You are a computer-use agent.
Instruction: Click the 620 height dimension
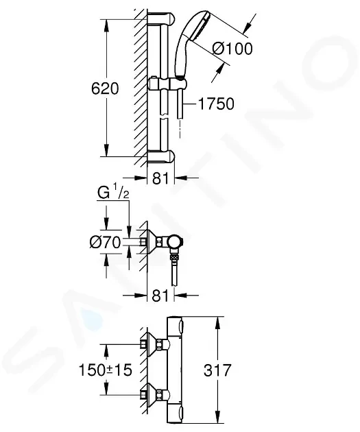tap(105, 88)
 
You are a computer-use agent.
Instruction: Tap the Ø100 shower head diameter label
tap(232, 49)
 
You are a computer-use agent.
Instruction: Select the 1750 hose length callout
tap(216, 104)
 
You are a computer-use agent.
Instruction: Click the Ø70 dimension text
tap(106, 243)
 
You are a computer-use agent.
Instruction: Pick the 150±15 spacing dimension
tap(106, 370)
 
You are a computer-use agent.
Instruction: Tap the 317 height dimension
tap(217, 370)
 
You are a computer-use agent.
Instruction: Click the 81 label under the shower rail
tap(160, 178)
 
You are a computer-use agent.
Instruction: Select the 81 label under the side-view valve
tap(160, 296)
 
